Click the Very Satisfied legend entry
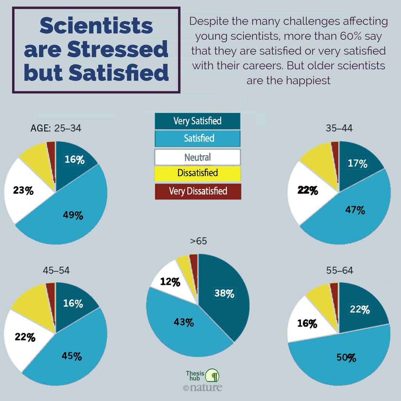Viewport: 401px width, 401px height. coord(197,121)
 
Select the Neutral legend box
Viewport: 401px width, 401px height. coord(197,157)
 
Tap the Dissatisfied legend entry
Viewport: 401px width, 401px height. coord(197,173)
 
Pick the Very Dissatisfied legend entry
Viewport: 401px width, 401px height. coord(197,191)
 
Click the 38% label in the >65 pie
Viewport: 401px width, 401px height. coord(224,293)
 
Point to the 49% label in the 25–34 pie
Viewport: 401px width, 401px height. coord(73,215)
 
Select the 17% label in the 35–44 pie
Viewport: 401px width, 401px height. coord(357,163)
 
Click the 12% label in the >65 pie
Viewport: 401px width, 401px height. coord(170,282)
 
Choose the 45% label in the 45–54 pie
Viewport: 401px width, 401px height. coord(71,356)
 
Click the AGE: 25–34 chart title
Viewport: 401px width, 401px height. coord(56,128)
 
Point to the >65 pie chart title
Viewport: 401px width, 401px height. coord(198,241)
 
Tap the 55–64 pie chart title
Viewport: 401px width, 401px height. coord(339,270)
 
